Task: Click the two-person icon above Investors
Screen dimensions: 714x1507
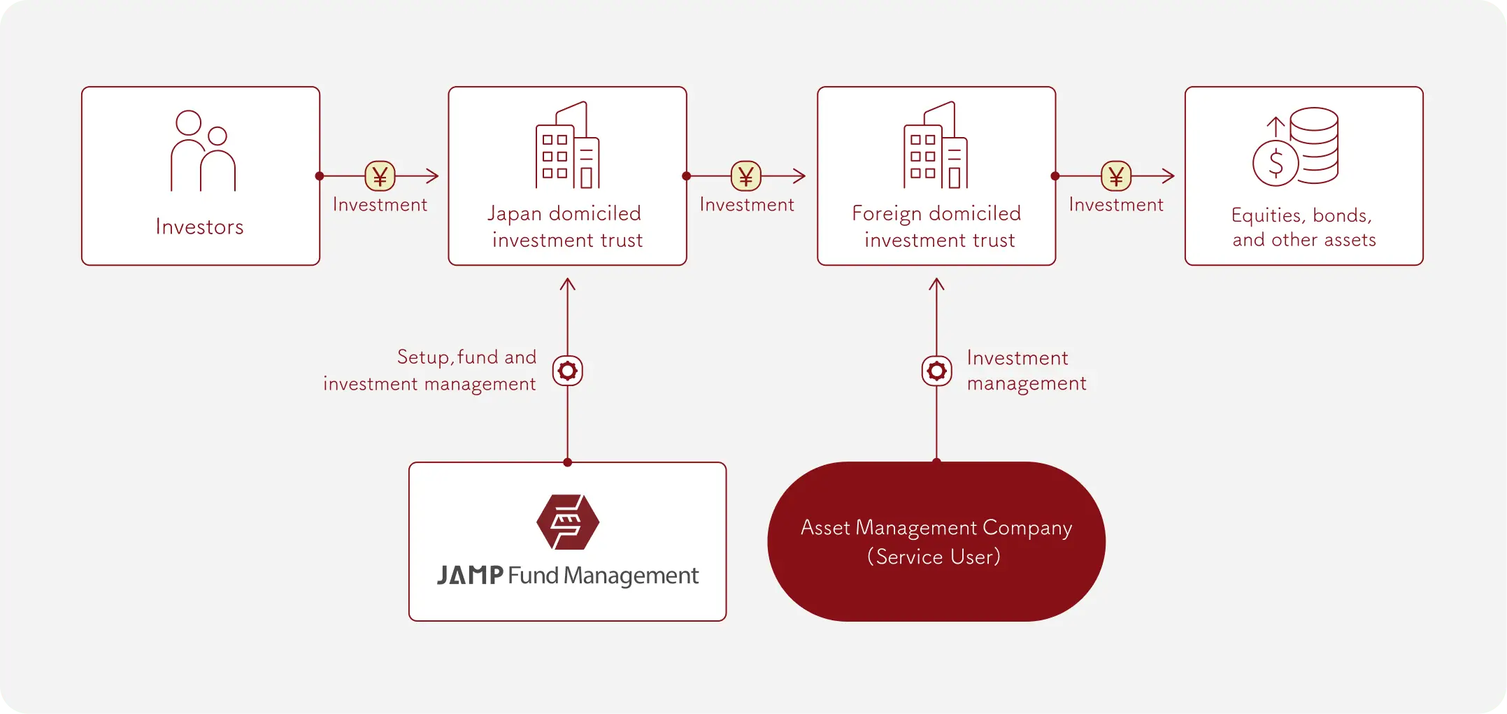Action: [203, 150]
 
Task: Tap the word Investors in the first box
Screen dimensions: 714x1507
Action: [200, 227]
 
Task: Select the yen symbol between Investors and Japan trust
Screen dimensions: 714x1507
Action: [380, 176]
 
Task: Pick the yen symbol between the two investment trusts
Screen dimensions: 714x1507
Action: [745, 176]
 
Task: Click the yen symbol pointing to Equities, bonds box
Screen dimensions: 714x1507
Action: [1116, 176]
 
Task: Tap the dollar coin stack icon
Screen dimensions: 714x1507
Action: [1296, 147]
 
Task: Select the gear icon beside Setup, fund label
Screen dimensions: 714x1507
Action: [567, 371]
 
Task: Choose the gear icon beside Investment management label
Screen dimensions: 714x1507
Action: [936, 371]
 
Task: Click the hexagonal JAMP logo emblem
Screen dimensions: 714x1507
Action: [567, 522]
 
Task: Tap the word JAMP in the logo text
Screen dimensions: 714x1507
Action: [470, 576]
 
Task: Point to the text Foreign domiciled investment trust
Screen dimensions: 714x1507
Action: [936, 227]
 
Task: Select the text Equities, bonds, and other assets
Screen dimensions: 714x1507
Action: [1304, 227]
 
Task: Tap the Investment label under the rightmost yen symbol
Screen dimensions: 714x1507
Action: [1116, 205]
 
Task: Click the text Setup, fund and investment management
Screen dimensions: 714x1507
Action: [430, 371]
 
